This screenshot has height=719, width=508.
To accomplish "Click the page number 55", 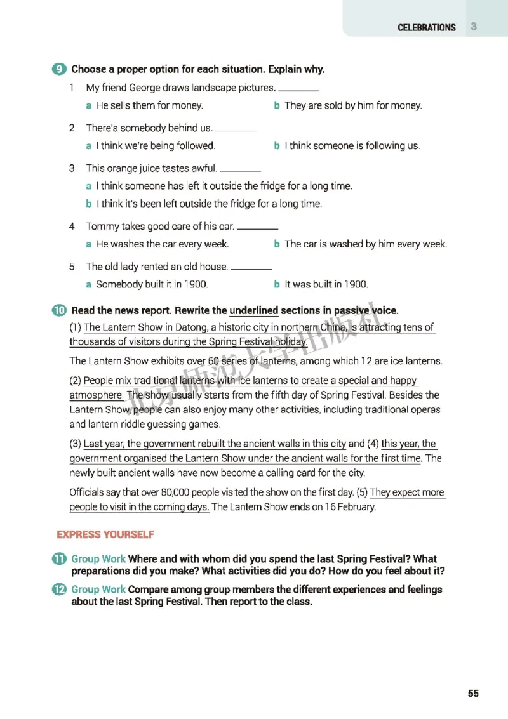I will pos(473,693).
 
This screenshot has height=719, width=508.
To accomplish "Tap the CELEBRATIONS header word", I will pos(427,28).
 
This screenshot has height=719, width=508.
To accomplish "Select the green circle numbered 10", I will pos(59,311).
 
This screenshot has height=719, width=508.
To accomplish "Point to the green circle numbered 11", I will pos(59,559).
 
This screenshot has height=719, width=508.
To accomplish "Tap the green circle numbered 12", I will pos(59,590).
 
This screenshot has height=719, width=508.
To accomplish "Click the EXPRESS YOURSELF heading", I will pos(105,534).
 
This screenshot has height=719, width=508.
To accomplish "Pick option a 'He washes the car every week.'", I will pos(162,244).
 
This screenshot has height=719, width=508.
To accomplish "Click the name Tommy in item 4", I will pos(100,227).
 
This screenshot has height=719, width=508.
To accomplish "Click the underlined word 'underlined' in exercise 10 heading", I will pos(253,311).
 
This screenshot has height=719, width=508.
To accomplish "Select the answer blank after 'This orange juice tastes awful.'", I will pos(240,169).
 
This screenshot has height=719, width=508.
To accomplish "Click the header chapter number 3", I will pos(474,27).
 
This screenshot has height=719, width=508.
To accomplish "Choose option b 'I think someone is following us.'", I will pos(352,146).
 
